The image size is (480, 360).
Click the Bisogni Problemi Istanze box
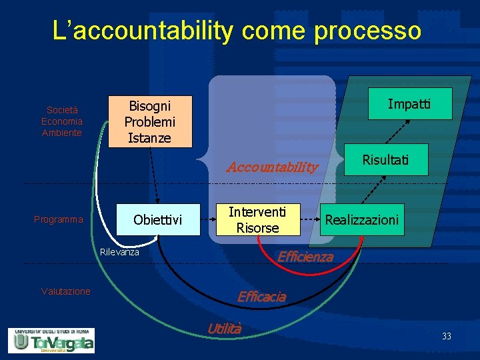(x=150, y=121)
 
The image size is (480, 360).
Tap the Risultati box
(x=385, y=160)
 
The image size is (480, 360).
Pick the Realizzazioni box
(x=361, y=219)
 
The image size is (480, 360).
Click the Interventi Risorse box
(x=257, y=219)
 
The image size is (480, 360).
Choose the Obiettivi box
(x=158, y=219)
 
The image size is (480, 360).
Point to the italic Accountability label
(x=272, y=167)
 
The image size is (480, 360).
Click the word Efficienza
(x=305, y=257)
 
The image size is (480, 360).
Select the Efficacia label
(x=261, y=297)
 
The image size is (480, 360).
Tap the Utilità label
(x=224, y=328)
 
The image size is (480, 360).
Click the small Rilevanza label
(x=119, y=252)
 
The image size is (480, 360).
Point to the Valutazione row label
(x=65, y=291)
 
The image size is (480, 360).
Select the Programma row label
(x=59, y=219)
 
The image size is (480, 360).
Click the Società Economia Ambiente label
(x=62, y=121)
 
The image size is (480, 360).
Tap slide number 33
(x=446, y=337)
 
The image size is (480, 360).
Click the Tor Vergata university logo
(x=51, y=340)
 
